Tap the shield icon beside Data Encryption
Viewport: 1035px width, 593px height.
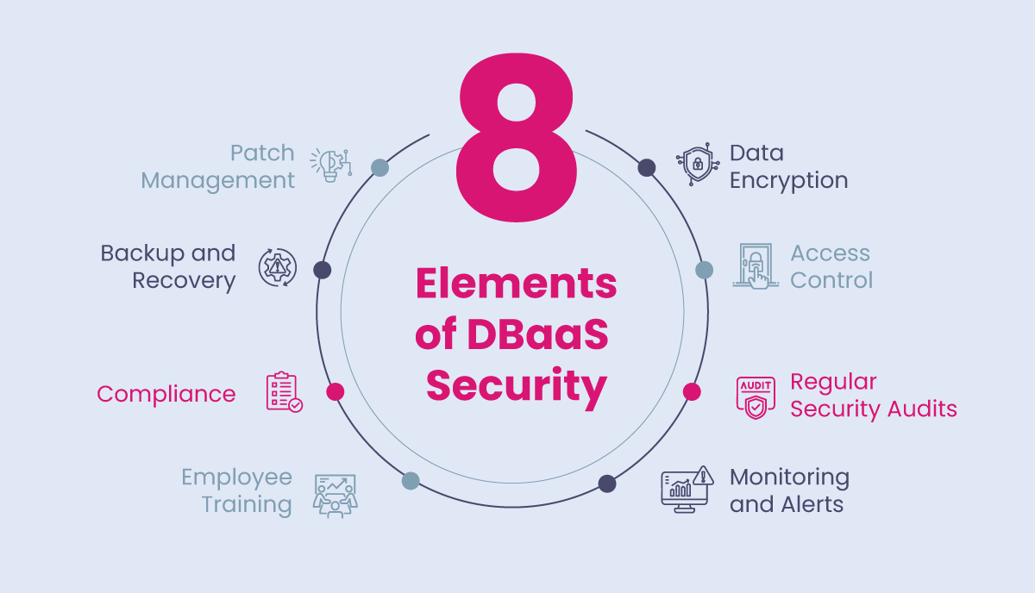(698, 164)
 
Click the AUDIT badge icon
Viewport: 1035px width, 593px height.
(756, 397)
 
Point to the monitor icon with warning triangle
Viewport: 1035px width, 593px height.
(687, 489)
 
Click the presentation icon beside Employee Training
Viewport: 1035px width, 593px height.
(336, 496)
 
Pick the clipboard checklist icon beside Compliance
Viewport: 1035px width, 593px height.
(284, 391)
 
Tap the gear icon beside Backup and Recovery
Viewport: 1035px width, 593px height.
(277, 267)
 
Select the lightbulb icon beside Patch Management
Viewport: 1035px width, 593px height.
(331, 165)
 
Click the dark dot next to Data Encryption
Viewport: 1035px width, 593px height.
(647, 167)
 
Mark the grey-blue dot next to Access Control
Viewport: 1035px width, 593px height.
(704, 270)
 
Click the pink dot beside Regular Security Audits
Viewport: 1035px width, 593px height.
(692, 391)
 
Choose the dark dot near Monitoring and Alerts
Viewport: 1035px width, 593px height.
(607, 484)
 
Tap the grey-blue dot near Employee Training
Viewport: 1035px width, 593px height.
(411, 481)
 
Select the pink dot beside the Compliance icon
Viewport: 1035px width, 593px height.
(335, 391)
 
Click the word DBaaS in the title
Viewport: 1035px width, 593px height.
(538, 334)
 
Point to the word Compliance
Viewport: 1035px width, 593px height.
(166, 395)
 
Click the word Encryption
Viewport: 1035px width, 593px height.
(788, 180)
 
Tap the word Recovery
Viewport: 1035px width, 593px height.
(184, 281)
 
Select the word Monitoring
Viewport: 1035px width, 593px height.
(790, 478)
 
